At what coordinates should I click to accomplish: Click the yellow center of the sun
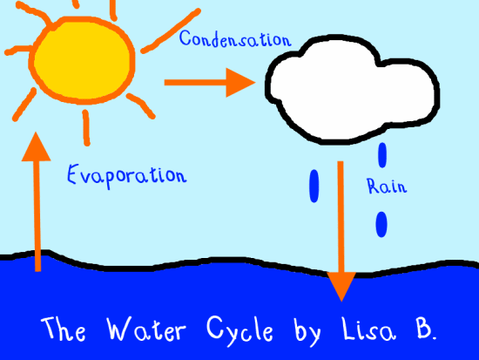(x=83, y=57)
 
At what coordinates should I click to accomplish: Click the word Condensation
(x=234, y=39)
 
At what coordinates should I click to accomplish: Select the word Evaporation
(x=126, y=173)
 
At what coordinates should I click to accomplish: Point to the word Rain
(x=386, y=186)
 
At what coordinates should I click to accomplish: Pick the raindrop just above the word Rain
(x=381, y=155)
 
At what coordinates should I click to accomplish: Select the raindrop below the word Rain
(x=381, y=223)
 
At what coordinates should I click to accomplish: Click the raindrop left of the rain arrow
(x=314, y=186)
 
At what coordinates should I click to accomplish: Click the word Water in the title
(x=143, y=330)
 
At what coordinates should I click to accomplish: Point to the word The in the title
(x=62, y=330)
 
